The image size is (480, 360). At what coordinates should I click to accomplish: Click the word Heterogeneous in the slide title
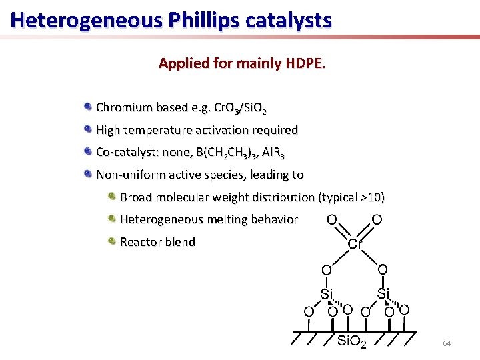(x=87, y=20)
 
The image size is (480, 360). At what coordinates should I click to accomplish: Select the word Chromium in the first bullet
(x=123, y=107)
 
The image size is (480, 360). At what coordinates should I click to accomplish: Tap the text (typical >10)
(x=351, y=197)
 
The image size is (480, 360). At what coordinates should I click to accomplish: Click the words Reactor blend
(x=157, y=242)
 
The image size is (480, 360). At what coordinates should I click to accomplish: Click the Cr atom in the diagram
(x=355, y=244)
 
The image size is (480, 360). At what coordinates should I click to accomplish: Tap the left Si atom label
(x=327, y=293)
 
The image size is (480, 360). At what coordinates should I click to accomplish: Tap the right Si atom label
(x=383, y=293)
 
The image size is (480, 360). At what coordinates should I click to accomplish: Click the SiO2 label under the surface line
(x=352, y=343)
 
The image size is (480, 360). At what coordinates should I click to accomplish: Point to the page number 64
(x=447, y=343)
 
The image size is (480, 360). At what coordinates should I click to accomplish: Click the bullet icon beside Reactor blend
(x=113, y=241)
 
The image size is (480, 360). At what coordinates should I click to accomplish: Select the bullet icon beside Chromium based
(x=88, y=107)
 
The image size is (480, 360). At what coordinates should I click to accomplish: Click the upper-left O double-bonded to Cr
(x=331, y=219)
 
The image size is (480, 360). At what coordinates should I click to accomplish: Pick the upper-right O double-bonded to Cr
(x=377, y=219)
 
